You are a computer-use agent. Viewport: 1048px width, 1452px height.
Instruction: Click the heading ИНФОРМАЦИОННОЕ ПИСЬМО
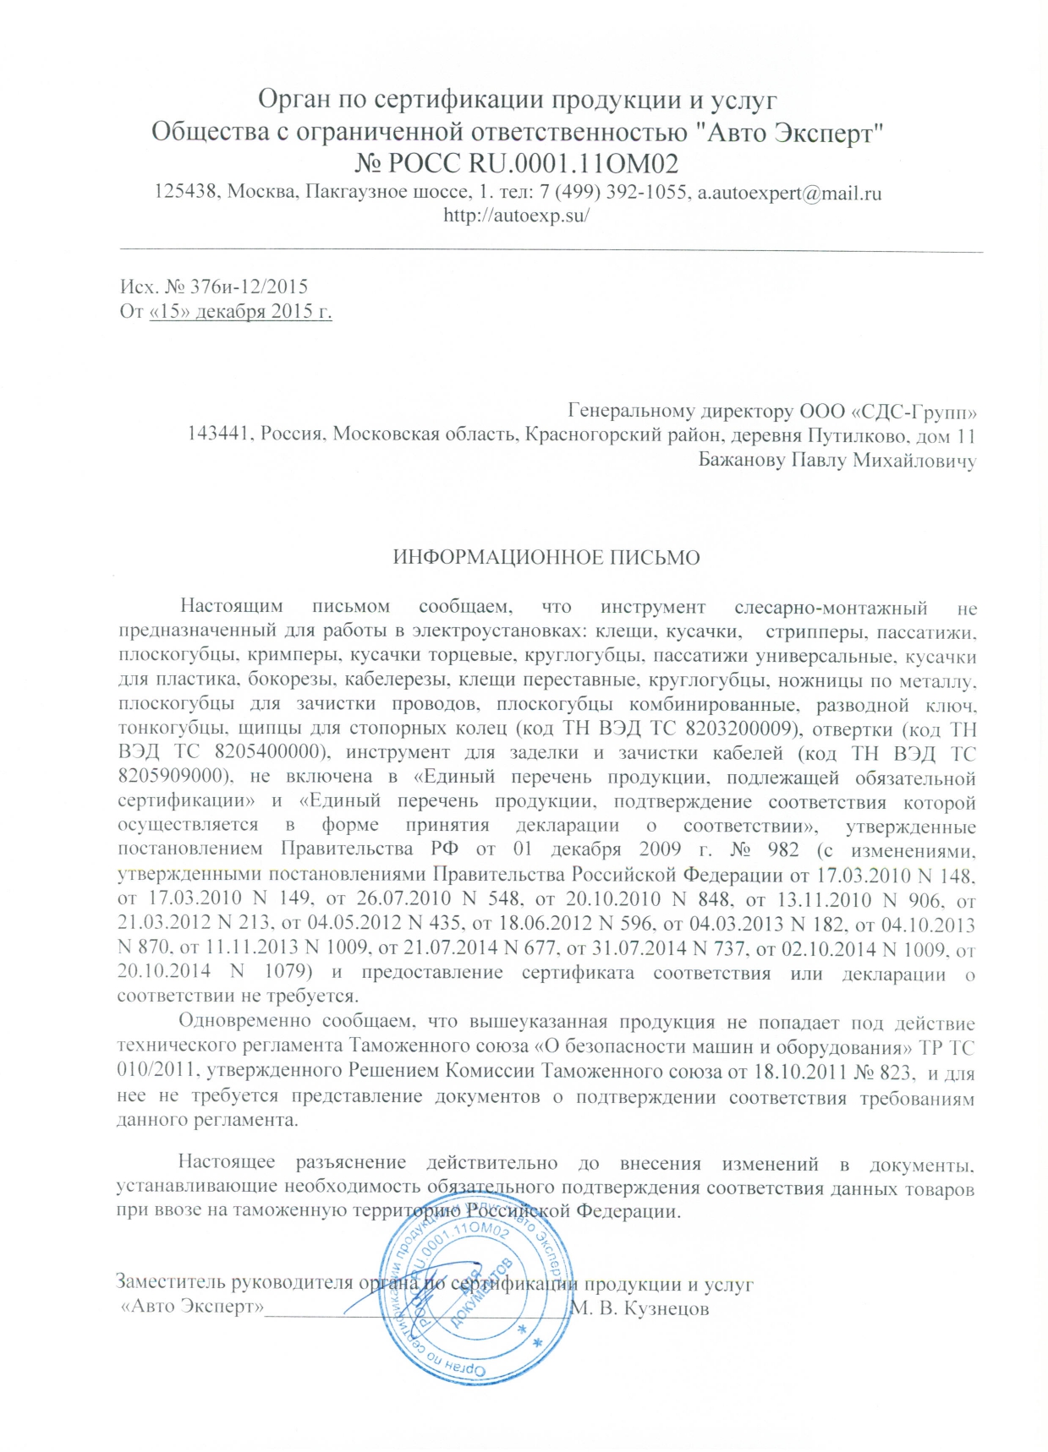[x=546, y=558]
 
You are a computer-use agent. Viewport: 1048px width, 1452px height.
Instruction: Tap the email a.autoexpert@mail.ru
[x=788, y=193]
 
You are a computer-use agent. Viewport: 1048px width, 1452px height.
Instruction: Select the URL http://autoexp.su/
[x=516, y=215]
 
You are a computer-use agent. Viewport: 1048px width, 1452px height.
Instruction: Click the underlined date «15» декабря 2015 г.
[x=239, y=312]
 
